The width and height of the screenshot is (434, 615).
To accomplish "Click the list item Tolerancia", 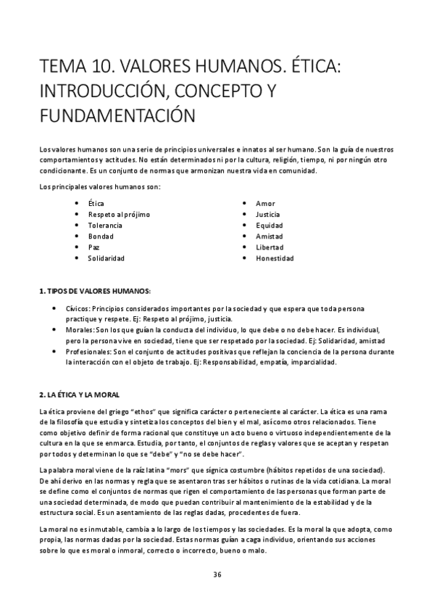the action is tap(106, 225).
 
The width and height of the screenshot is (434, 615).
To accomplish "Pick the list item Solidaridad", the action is tap(107, 257).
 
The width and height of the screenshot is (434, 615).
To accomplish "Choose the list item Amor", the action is tap(265, 203).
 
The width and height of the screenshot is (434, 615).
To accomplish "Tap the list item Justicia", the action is tap(268, 214).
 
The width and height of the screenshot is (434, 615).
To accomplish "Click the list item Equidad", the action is tap(269, 225).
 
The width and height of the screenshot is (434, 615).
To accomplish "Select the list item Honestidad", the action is tap(275, 257).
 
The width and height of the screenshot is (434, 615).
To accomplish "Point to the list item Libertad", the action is tap(270, 247).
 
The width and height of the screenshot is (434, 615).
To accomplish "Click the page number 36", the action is tap(217, 574).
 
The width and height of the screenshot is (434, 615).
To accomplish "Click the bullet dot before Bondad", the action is tap(77, 236).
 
